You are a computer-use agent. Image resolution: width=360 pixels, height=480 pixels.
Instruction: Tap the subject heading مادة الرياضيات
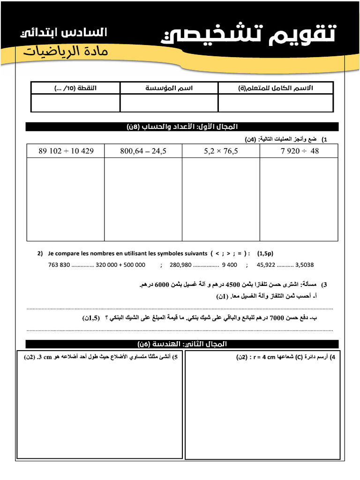[66, 51]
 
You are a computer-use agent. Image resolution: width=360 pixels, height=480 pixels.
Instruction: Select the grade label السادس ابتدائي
[64, 33]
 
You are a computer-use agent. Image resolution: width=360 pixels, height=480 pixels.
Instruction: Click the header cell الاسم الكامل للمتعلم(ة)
[275, 88]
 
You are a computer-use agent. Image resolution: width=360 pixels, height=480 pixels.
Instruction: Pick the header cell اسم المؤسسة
[169, 88]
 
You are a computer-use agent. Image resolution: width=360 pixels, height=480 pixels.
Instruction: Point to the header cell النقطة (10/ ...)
[75, 88]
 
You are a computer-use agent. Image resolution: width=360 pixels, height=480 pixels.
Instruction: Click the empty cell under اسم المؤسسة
[169, 103]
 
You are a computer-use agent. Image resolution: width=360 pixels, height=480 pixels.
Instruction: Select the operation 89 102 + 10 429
[66, 151]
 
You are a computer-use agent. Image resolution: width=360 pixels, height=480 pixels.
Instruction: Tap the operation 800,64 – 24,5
[143, 151]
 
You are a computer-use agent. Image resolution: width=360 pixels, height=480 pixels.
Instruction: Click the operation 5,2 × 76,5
[221, 151]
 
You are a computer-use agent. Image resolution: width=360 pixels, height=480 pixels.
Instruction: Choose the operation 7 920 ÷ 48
[299, 151]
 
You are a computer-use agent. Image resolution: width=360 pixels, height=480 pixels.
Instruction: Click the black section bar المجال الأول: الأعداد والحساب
[182, 127]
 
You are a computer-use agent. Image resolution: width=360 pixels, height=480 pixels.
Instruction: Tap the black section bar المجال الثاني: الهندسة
[182, 344]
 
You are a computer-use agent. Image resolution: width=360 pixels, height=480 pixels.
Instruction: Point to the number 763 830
[59, 265]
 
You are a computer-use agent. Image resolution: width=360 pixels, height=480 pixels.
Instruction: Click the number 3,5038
[305, 265]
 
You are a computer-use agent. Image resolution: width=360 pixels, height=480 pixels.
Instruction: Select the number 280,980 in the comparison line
[181, 265]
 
